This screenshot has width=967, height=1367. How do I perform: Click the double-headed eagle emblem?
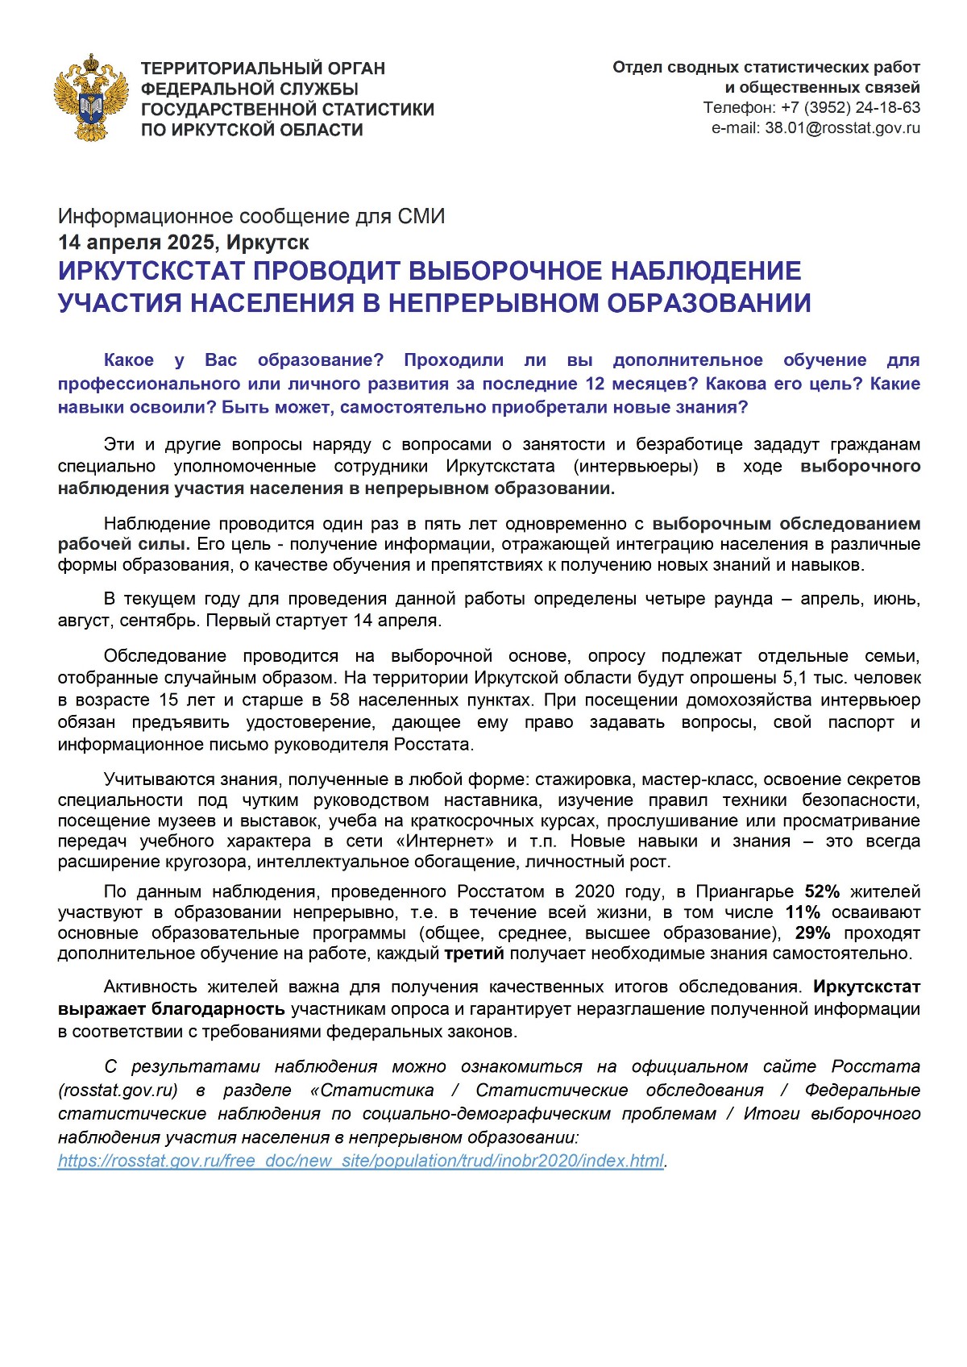[x=92, y=98]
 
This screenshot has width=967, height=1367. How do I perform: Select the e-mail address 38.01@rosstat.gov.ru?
[x=842, y=127]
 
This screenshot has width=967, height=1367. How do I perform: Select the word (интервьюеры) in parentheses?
[x=636, y=466]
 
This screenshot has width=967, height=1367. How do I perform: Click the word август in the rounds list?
[x=85, y=621]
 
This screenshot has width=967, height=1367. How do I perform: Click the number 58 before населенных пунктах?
[x=339, y=700]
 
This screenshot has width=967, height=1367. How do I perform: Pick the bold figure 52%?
[x=822, y=891]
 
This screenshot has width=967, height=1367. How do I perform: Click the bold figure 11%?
[x=803, y=912]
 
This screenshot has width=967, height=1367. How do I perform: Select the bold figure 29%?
[x=812, y=933]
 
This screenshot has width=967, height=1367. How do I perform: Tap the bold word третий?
[x=474, y=954]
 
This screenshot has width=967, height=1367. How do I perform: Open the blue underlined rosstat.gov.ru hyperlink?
[x=361, y=1161]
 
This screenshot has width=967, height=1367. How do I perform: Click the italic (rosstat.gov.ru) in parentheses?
[x=118, y=1091]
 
